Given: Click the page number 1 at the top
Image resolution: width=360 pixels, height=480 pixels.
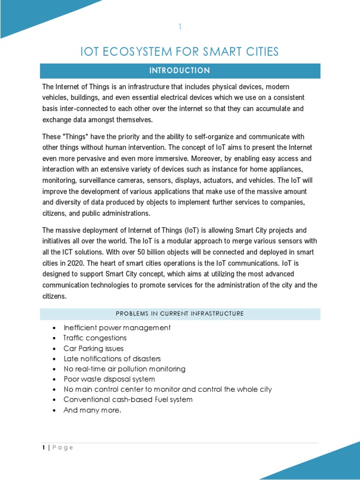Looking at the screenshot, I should [x=179, y=27].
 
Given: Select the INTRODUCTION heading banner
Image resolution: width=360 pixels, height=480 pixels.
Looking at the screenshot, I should [x=180, y=71].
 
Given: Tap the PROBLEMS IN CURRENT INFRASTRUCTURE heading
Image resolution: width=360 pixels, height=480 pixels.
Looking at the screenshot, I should [x=180, y=314].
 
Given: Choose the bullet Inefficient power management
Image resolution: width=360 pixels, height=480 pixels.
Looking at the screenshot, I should [x=117, y=328].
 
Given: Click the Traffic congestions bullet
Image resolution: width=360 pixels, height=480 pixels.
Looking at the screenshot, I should [x=95, y=338].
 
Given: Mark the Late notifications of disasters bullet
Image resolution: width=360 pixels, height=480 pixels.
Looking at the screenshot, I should [x=112, y=359].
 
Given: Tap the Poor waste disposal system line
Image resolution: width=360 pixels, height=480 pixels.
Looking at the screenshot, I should [x=109, y=379].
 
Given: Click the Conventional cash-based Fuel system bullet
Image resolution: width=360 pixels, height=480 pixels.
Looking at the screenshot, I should [x=128, y=400].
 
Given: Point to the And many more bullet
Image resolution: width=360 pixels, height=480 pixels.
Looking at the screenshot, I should [x=92, y=410].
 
